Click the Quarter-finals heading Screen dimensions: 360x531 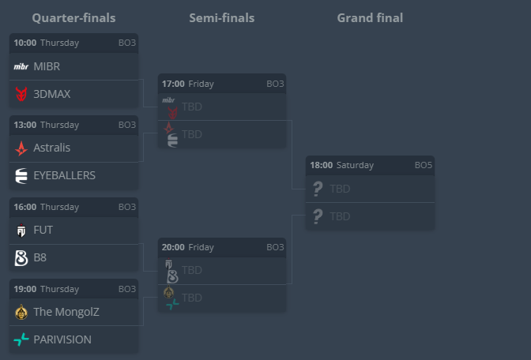(73, 17)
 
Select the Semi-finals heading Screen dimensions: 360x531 (221, 17)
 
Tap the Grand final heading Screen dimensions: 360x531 (369, 17)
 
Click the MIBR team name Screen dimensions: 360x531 (47, 66)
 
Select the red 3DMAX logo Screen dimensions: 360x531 (21, 94)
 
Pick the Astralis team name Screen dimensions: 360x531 (52, 148)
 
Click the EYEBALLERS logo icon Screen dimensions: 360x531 (21, 175)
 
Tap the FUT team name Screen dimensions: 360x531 (43, 230)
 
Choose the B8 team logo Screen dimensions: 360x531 (21, 257)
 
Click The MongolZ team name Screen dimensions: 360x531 (66, 312)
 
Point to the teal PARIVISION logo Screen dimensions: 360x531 (21, 339)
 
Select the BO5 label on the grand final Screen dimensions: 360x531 (424, 166)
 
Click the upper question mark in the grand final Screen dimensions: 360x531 (318, 189)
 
